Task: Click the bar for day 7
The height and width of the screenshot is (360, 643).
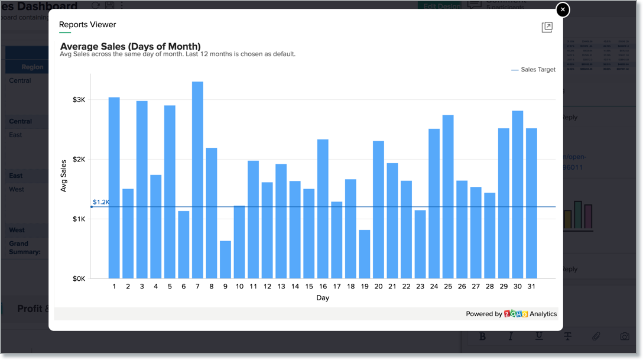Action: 197,180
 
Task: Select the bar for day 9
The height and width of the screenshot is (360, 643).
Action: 225,260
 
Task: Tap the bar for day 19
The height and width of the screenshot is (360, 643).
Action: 365,254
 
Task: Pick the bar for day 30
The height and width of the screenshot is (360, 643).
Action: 518,194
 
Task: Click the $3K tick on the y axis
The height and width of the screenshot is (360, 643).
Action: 79,100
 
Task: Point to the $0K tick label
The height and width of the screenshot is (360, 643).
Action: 79,278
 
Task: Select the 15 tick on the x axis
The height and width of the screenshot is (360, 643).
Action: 309,287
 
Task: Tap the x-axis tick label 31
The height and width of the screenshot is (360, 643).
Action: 531,287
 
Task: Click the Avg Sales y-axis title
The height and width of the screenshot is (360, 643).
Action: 64,176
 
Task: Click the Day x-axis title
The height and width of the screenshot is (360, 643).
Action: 323,298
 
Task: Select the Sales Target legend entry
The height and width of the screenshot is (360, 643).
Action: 533,70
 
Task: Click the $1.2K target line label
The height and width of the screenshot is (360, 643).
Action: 101,202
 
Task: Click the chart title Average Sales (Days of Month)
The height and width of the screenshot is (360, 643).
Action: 131,46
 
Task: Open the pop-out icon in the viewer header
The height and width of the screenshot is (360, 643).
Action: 547,27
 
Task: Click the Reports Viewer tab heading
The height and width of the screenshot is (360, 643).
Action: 87,25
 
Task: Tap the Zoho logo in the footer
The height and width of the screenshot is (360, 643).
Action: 516,314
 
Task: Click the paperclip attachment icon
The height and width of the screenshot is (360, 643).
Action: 596,336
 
